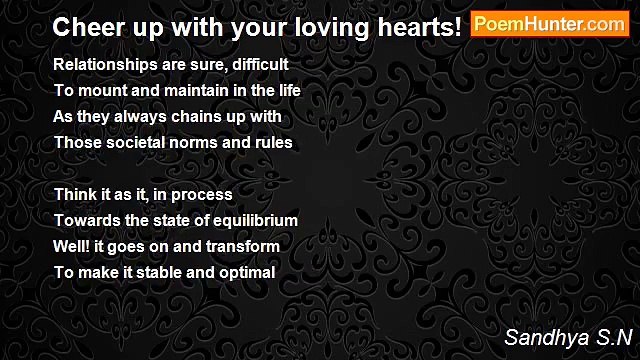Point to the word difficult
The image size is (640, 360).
(258, 64)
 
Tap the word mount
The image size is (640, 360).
(97, 90)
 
